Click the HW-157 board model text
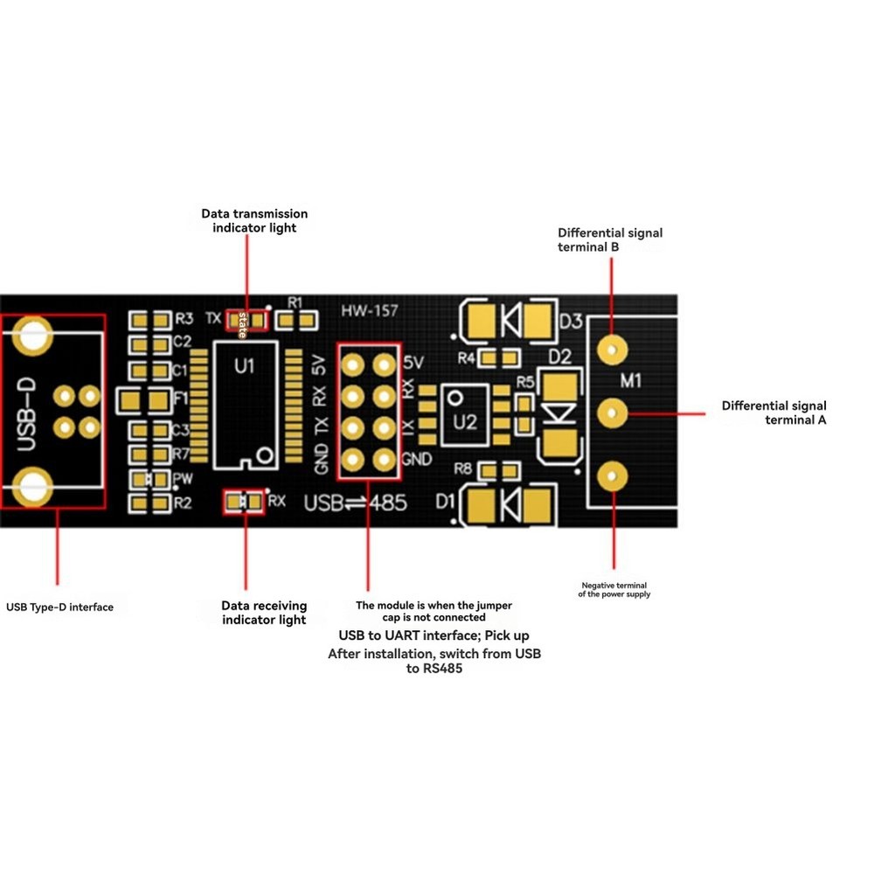click(365, 310)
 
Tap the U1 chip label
click(246, 367)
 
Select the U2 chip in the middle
click(466, 421)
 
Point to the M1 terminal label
click(630, 380)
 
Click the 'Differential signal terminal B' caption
click(610, 239)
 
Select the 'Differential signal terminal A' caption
click(773, 413)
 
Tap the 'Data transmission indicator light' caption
click(254, 220)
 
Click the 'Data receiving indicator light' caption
click(264, 612)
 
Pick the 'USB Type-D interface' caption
click(59, 607)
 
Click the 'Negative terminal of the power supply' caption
click(615, 590)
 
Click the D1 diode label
click(445, 502)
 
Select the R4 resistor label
click(466, 358)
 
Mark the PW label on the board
click(182, 479)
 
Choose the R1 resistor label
click(295, 302)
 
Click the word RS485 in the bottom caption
click(444, 669)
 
